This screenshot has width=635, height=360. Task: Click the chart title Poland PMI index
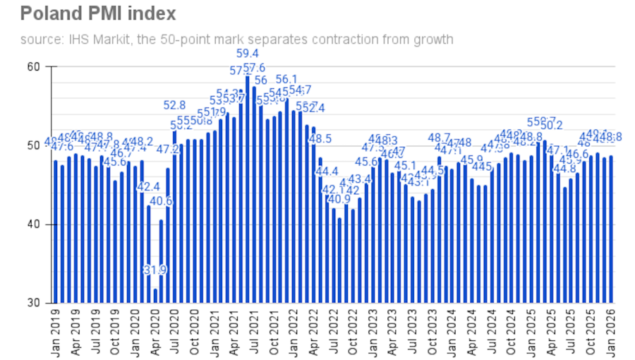[x=98, y=13]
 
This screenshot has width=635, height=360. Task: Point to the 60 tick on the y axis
[x=32, y=67]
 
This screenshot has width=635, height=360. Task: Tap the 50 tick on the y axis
[x=32, y=146]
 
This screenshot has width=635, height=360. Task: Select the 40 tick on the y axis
[x=32, y=225]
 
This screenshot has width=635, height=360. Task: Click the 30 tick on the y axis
[x=32, y=304]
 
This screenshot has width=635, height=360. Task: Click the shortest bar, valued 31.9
[x=155, y=296]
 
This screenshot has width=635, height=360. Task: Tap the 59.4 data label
[x=248, y=54]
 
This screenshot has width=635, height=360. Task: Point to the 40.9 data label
[x=339, y=199]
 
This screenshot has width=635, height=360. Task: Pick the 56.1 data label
[x=286, y=79]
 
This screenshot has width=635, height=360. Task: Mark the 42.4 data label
[x=148, y=187]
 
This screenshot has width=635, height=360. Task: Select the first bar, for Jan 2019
[x=56, y=232]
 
